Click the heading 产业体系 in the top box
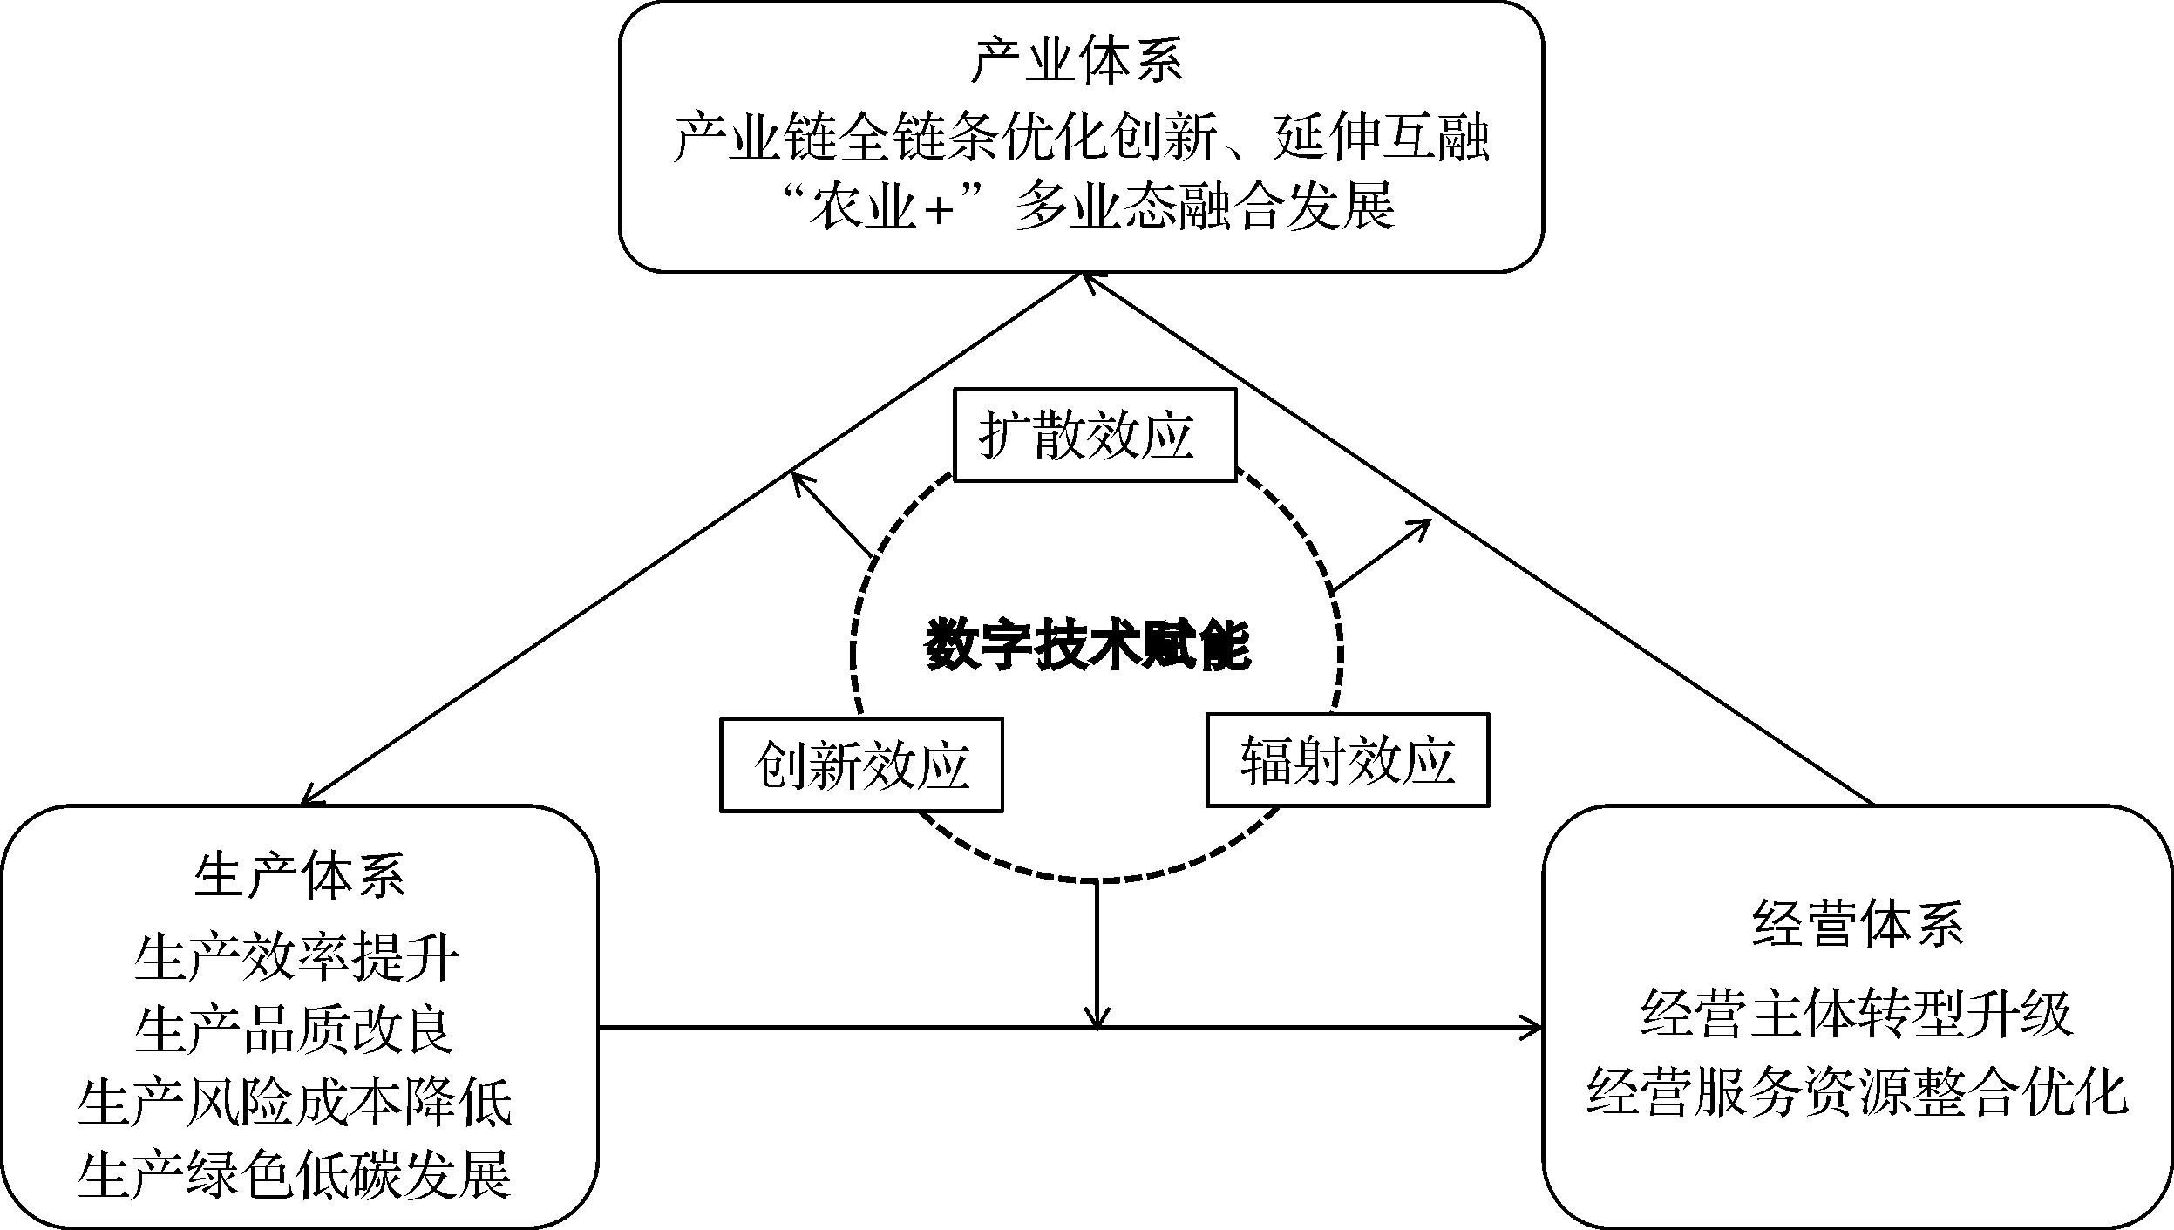1077,62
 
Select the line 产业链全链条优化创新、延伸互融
1081,138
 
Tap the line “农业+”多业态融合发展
1081,207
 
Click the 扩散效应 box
1095,435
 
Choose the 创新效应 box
861,765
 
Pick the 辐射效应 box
1347,760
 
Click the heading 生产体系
299,875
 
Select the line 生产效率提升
296,959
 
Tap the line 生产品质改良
295,1030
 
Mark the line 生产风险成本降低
295,1102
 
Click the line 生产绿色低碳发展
295,1174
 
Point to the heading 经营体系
1858,925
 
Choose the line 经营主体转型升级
1857,1015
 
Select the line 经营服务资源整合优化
1857,1090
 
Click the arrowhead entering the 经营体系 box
1532,1028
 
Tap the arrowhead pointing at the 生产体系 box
309,796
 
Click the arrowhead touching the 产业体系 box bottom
1088,280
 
